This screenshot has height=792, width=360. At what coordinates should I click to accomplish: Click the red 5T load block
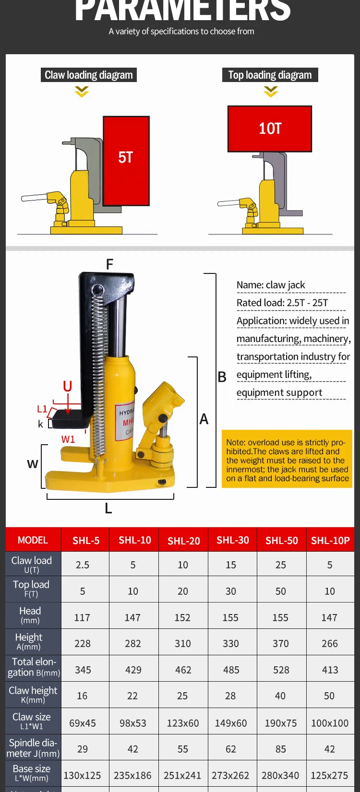coord(126,161)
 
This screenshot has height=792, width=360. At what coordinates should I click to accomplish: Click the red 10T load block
coord(270,129)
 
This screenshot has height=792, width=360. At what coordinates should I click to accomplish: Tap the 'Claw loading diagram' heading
coord(89,75)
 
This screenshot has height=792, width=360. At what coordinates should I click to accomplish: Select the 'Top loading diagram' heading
coord(270,75)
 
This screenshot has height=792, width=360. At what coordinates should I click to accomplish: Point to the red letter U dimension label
coord(68,386)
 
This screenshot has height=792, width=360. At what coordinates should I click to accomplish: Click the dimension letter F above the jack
coord(109,264)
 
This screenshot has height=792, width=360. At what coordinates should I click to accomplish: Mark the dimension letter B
coord(222,377)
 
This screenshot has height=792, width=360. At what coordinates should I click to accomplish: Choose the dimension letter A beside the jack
coord(204,419)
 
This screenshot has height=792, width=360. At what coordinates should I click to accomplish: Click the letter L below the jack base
coord(108,508)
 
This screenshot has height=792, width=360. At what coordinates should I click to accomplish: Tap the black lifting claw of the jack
coord(70,420)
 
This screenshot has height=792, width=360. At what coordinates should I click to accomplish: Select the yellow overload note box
coord(287,460)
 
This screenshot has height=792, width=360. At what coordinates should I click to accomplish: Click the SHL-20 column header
coord(183,541)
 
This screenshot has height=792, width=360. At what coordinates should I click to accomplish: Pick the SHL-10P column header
coord(330,541)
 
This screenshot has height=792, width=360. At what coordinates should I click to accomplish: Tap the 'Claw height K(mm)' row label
coord(33,695)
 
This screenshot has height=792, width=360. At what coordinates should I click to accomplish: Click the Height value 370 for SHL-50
coord(281,643)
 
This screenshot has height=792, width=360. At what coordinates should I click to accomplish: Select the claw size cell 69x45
coord(83,723)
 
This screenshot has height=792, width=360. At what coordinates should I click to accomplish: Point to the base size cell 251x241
coord(182,775)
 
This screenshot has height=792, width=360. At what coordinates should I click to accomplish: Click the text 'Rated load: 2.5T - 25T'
coord(282,303)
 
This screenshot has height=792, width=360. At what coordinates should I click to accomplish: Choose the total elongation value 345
coord(83,670)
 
